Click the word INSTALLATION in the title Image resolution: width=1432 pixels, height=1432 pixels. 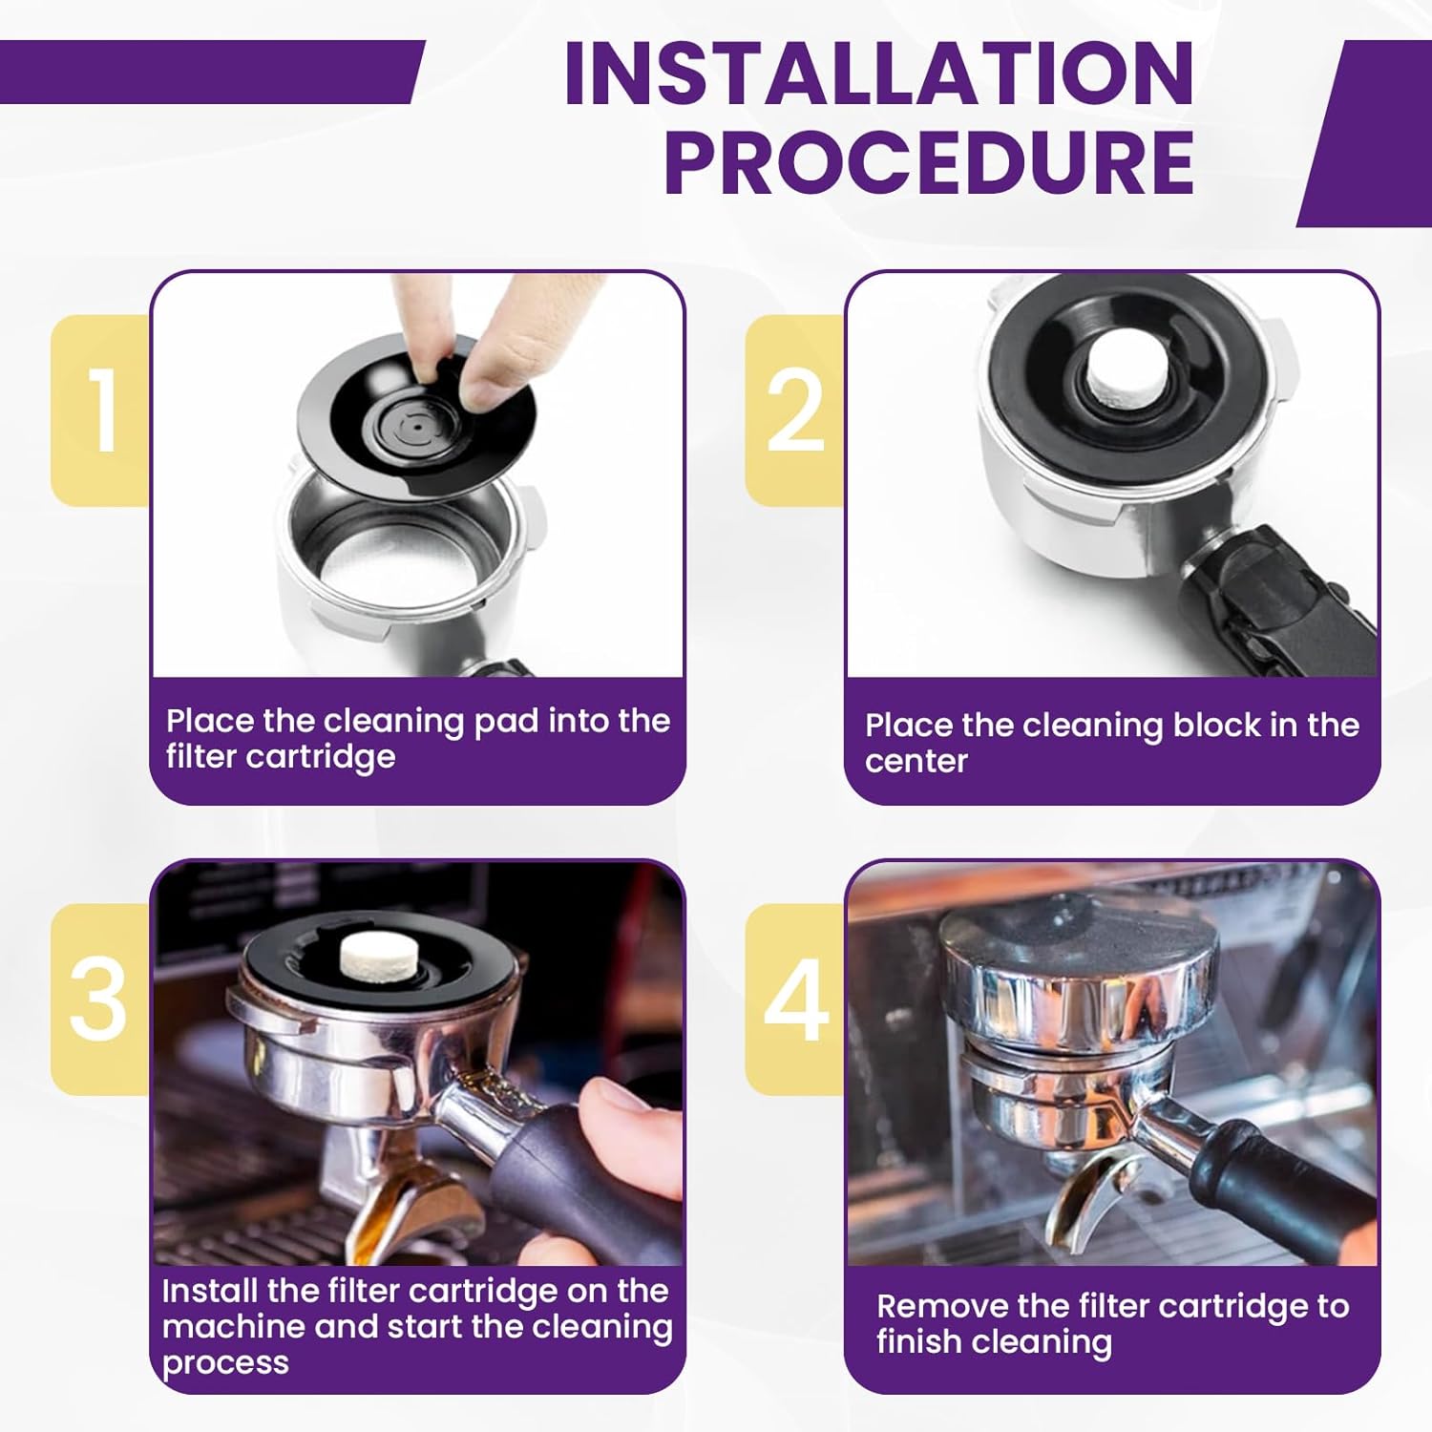click(879, 74)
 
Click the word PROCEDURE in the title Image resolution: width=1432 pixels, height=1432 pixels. click(929, 161)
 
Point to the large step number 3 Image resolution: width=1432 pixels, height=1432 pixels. click(98, 1000)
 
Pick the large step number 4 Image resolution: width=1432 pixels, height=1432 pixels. click(797, 1000)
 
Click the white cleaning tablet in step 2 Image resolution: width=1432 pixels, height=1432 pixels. click(1127, 368)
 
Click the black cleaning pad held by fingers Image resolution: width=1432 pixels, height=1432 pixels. click(416, 415)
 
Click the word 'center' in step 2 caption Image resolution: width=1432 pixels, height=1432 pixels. click(916, 761)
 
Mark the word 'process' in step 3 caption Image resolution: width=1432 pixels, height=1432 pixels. click(225, 1363)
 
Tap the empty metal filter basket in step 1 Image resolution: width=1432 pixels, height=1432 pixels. click(406, 563)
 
